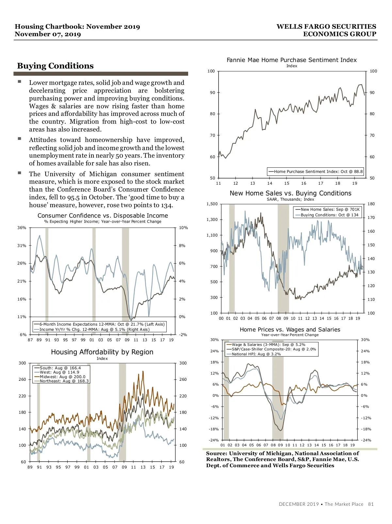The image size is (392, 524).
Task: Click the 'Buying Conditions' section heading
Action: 56,66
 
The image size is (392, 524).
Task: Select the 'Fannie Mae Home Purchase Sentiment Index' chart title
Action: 291,60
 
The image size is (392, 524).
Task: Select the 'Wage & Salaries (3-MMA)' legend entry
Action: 268,345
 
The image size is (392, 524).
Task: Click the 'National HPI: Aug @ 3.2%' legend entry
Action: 256,354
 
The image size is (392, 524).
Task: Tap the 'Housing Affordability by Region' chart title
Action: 102,352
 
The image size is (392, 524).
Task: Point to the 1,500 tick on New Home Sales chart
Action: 212,204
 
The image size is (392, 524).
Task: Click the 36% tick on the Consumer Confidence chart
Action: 22,228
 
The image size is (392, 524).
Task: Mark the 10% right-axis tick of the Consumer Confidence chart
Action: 183,228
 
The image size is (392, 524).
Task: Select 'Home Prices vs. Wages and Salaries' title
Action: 290,330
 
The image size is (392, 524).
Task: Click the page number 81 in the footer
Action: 371,504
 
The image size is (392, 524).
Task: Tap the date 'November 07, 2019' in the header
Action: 48,34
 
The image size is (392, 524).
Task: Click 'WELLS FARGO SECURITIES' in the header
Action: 326,27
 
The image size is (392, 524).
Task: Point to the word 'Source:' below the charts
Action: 216,454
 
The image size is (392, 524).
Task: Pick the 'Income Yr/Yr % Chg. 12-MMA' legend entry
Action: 94,330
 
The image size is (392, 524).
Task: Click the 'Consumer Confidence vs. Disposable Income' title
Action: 103,216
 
